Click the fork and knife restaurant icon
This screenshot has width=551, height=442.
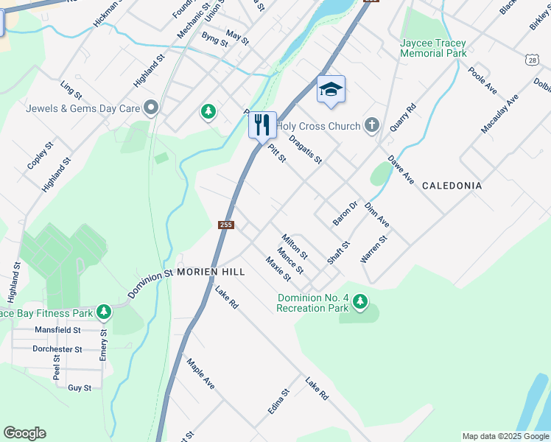point(262,124)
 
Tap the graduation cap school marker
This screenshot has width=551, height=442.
point(331,90)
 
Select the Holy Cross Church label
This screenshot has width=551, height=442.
point(319,126)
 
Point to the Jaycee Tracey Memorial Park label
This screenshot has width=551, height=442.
point(433,48)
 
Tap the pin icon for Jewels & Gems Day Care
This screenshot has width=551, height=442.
point(152,108)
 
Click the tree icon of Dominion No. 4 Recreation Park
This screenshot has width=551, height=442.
point(360,301)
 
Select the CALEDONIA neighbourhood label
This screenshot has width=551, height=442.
point(452,186)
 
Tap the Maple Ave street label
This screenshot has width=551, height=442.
point(200,374)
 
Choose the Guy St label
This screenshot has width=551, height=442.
point(80,387)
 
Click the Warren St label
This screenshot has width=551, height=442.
point(373,250)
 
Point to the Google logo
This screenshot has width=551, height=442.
point(25,433)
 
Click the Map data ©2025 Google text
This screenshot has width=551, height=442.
point(505,436)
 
